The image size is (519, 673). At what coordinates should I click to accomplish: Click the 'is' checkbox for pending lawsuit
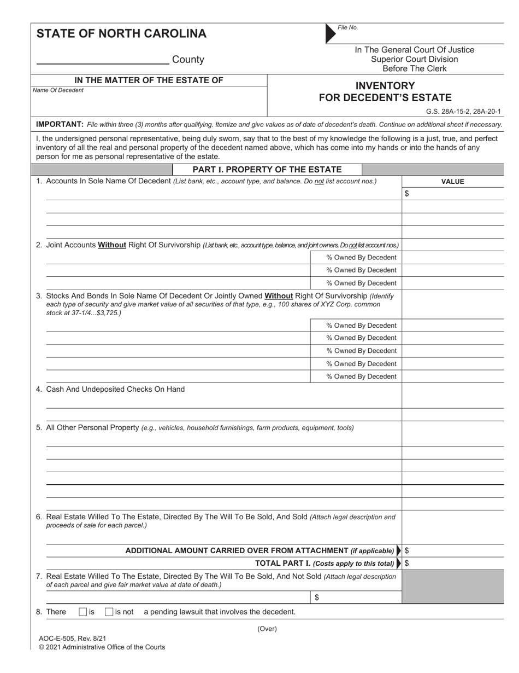click(83, 612)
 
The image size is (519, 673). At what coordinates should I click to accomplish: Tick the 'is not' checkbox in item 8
click(109, 612)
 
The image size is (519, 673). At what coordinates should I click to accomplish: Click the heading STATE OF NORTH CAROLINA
click(121, 34)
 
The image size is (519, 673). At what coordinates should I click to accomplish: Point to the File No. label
click(348, 27)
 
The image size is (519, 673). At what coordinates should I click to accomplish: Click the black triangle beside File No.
click(331, 33)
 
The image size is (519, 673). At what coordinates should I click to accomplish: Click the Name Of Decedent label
click(58, 90)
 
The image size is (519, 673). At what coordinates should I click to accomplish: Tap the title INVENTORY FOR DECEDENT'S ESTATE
click(385, 92)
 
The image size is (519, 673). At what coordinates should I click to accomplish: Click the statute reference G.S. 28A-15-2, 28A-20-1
click(463, 111)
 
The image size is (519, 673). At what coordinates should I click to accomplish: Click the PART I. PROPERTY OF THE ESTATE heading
click(267, 170)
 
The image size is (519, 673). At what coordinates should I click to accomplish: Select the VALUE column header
click(452, 182)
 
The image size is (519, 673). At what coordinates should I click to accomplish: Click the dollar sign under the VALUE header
click(406, 194)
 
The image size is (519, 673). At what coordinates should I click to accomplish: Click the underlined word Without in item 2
click(112, 245)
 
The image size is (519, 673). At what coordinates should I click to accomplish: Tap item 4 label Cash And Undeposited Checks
click(115, 389)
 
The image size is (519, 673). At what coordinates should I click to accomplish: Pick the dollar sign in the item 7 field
click(317, 597)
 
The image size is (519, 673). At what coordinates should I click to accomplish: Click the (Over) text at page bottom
click(267, 629)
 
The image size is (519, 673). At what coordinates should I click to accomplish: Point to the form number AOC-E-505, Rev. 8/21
click(73, 638)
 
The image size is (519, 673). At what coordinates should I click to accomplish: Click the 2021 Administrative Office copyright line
click(102, 647)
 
